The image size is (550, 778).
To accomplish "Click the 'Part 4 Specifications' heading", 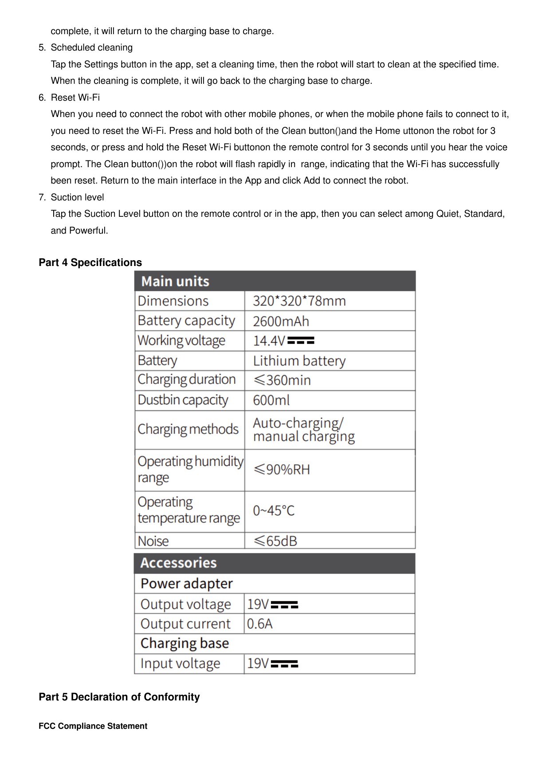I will click(90, 262).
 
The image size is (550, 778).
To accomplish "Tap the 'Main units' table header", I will click(175, 281).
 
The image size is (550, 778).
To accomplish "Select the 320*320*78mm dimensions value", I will click(299, 301).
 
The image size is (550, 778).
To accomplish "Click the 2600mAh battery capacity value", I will click(281, 321).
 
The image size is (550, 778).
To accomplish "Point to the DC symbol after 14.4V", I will click(301, 340).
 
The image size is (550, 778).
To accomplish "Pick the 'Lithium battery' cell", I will click(299, 361).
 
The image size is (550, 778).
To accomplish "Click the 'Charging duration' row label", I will click(186, 380).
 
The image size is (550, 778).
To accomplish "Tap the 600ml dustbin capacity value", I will click(271, 400).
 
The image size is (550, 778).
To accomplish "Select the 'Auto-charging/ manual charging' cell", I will click(303, 430).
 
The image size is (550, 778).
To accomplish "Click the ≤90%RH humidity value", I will click(281, 469).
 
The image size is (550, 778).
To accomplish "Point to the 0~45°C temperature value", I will click(273, 511).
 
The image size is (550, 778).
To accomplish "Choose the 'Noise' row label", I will click(153, 541).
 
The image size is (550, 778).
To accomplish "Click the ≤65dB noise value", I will click(275, 541).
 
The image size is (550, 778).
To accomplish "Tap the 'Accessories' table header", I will click(178, 563).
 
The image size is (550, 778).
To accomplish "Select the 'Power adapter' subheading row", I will click(186, 583).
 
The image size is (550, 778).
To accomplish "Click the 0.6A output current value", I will click(259, 624).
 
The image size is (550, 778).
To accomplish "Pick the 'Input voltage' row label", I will click(180, 664).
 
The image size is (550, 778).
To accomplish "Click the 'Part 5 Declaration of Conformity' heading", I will click(119, 697).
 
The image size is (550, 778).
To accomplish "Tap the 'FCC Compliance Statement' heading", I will click(93, 726).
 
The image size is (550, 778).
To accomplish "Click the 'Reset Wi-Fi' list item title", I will click(75, 98).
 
